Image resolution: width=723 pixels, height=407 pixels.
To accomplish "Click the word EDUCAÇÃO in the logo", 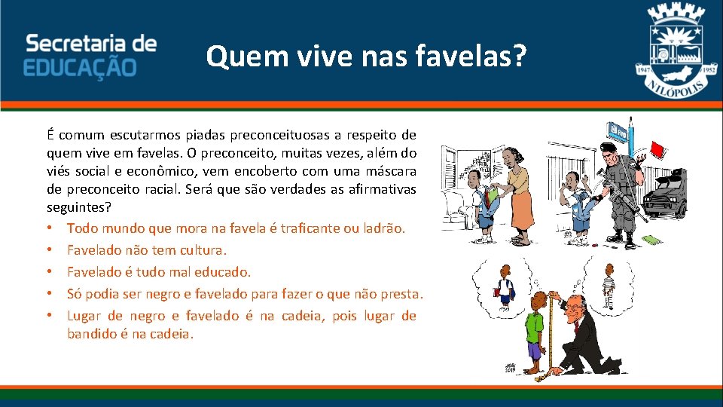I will coord(80,67).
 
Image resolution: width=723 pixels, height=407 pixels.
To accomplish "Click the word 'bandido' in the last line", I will coord(91,333).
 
